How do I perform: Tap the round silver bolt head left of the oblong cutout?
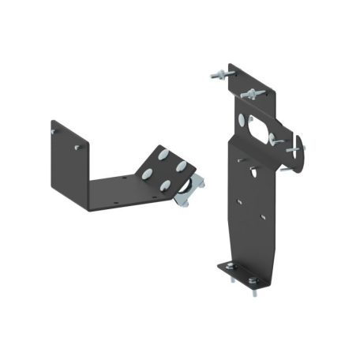click(241, 121)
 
